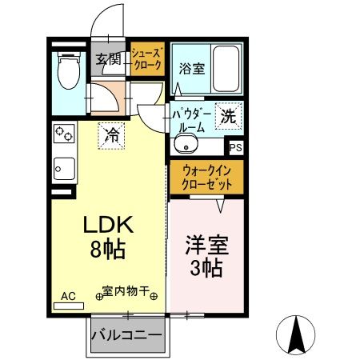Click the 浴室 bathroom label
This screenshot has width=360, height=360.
click(191, 68)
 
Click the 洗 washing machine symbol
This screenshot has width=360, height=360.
click(227, 115)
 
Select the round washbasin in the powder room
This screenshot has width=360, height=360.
click(186, 145)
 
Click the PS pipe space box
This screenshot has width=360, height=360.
click(235, 147)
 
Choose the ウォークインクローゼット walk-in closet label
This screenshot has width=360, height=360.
click(206, 177)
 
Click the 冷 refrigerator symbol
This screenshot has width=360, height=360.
click(112, 134)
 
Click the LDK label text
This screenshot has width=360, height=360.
click(108, 225)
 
